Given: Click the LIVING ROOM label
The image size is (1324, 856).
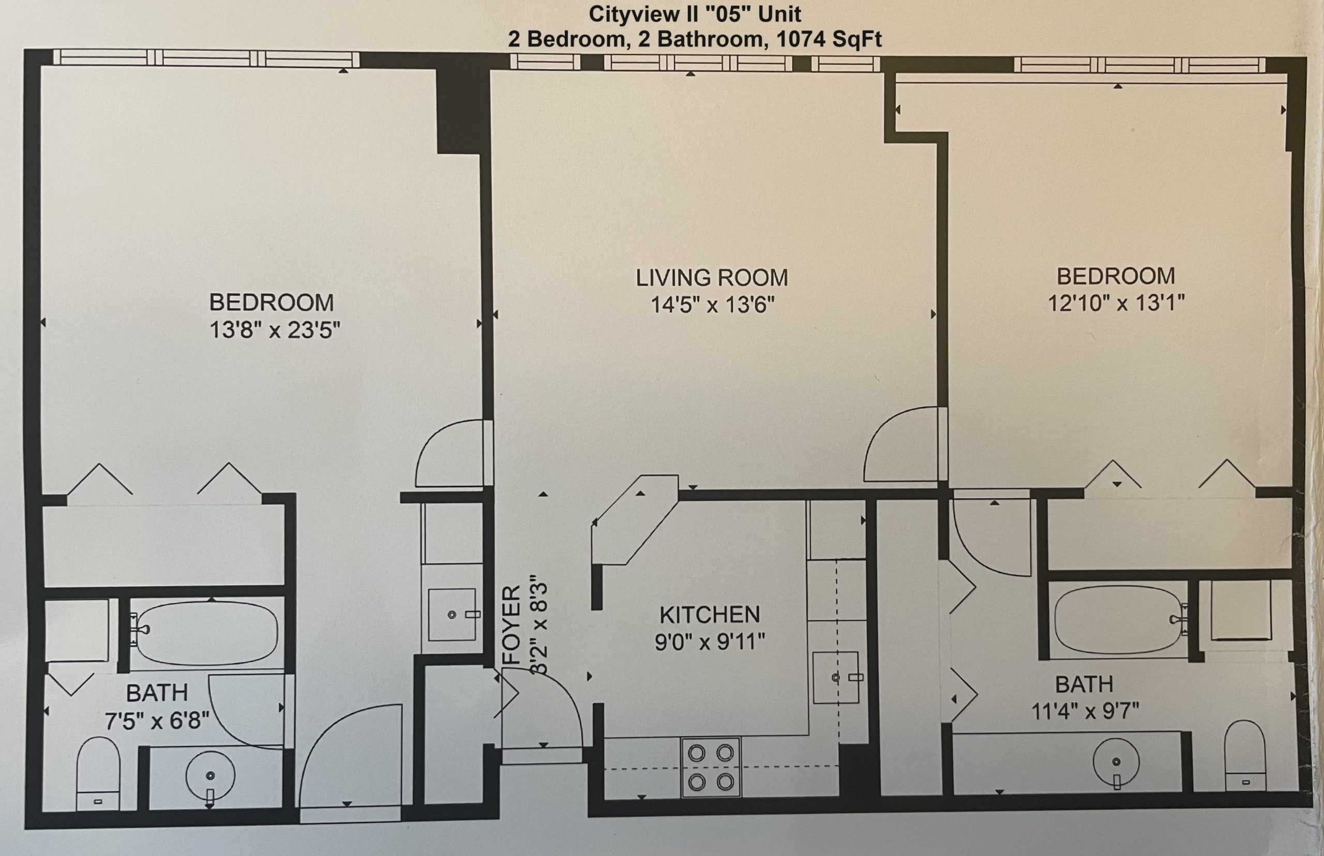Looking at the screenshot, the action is pos(712,278).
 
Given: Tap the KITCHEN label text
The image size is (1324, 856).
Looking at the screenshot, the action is pos(710,615).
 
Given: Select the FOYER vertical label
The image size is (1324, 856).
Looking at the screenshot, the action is pos(511,625).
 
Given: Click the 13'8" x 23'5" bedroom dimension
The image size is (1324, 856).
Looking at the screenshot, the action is pos(275,330).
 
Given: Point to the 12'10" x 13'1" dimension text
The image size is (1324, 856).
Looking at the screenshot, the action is pos(1117,303).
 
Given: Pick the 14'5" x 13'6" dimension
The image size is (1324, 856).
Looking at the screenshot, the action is pos(713,304).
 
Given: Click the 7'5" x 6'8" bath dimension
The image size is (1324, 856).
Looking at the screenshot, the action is pos(157,722).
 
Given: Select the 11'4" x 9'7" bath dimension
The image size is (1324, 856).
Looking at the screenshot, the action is pos(1086,711).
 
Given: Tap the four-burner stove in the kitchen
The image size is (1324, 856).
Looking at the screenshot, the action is pos(711,768).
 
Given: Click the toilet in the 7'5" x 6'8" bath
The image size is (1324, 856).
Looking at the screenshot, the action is pos(98,773).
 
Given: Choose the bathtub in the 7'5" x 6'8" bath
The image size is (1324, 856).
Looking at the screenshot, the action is pos(207,633).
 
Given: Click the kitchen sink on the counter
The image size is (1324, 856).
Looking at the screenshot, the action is pos(836,678).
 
